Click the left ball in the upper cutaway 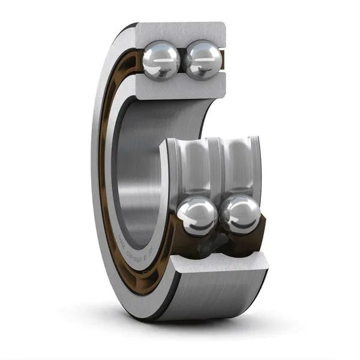161,59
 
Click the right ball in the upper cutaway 202,59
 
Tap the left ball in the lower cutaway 197,216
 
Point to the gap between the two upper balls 182,60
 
